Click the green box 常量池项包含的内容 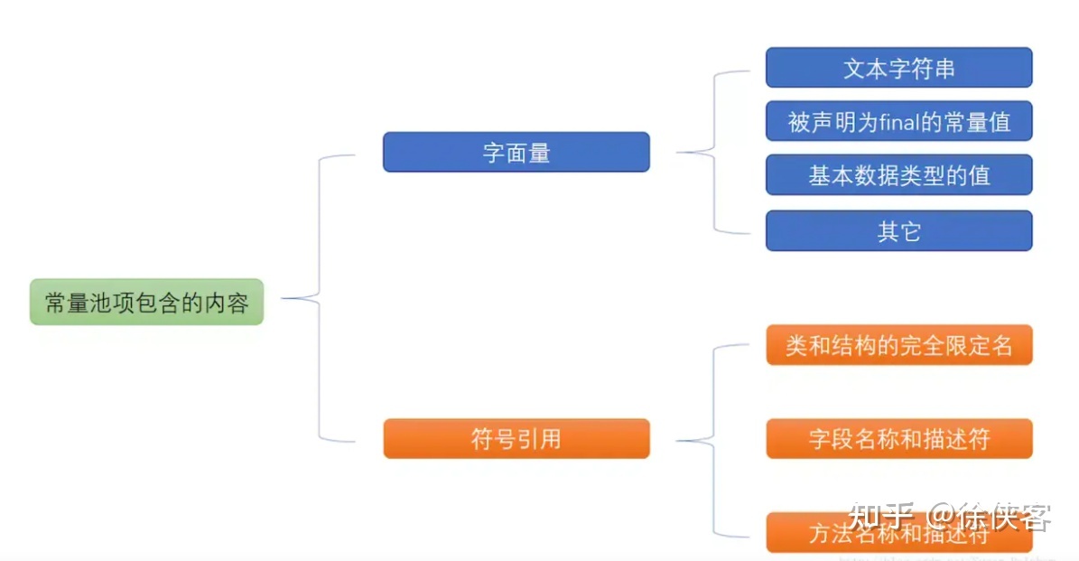point(146,302)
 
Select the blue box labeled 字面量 point(516,153)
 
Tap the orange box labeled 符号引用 point(516,439)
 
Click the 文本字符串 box point(898,69)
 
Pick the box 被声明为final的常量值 point(898,121)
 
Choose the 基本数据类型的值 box point(898,174)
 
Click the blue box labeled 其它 point(898,231)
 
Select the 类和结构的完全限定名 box point(898,345)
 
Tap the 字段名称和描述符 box point(898,439)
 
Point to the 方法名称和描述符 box point(898,533)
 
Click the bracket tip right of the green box point(284,297)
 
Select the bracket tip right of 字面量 point(678,153)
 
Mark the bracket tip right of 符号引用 point(678,440)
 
